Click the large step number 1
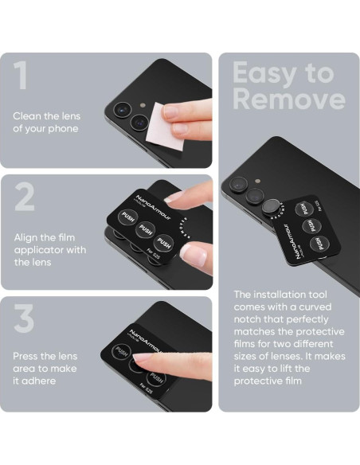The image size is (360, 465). point(21,75)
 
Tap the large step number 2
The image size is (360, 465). point(24,197)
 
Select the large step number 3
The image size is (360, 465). point(24,318)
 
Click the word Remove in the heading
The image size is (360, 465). point(289,99)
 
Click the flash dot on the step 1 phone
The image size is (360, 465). point(143,105)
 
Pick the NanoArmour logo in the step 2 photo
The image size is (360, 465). point(153,208)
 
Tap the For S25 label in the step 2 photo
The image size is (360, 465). point(153,255)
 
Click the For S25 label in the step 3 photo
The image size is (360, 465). point(147,389)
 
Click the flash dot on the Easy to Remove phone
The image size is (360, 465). point(258,181)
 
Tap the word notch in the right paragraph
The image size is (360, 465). point(247,319)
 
